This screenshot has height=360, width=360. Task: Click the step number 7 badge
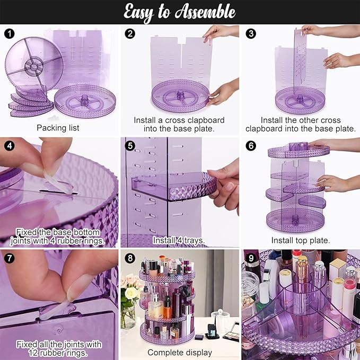click(x=8, y=259)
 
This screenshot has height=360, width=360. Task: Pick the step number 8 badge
click(x=129, y=259)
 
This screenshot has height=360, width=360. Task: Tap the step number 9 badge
click(x=250, y=259)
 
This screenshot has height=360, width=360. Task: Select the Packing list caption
click(x=58, y=128)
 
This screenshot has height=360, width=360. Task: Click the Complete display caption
click(x=180, y=352)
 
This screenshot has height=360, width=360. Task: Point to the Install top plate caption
click(x=300, y=240)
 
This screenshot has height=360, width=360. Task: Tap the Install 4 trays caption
click(x=179, y=240)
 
